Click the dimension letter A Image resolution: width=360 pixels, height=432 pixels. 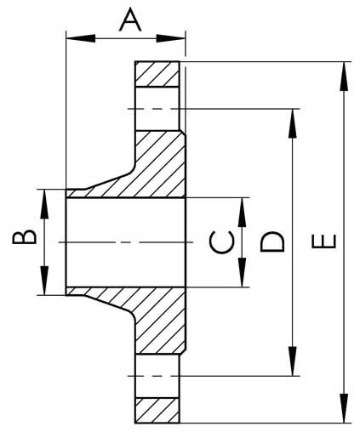[130, 20]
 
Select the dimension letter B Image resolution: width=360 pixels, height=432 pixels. [25, 236]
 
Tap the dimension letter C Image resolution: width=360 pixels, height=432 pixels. [222, 242]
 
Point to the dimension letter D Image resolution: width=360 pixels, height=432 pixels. [272, 242]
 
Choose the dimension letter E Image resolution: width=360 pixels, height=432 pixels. [324, 242]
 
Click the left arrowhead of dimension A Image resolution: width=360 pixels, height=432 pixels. [81, 38]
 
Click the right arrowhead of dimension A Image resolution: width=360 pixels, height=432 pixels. [171, 38]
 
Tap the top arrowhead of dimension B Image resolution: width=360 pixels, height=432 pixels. [44, 204]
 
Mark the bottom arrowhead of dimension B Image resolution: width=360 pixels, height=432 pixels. [44, 281]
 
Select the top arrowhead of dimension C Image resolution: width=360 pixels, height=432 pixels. [242, 213]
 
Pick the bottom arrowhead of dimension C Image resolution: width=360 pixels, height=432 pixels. [242, 272]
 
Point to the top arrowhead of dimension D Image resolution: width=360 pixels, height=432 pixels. [293, 123]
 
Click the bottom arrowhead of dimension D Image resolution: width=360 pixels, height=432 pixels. [293, 361]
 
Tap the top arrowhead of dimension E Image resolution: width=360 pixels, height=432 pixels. [344, 77]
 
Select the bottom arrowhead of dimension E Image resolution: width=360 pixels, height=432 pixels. [344, 408]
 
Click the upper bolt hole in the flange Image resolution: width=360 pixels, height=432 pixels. [157, 109]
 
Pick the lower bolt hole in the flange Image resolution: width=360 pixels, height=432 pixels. [157, 376]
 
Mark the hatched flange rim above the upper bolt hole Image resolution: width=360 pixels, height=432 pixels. [157, 74]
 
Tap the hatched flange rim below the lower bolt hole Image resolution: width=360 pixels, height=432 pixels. [157, 411]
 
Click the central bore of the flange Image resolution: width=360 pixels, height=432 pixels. [126, 242]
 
